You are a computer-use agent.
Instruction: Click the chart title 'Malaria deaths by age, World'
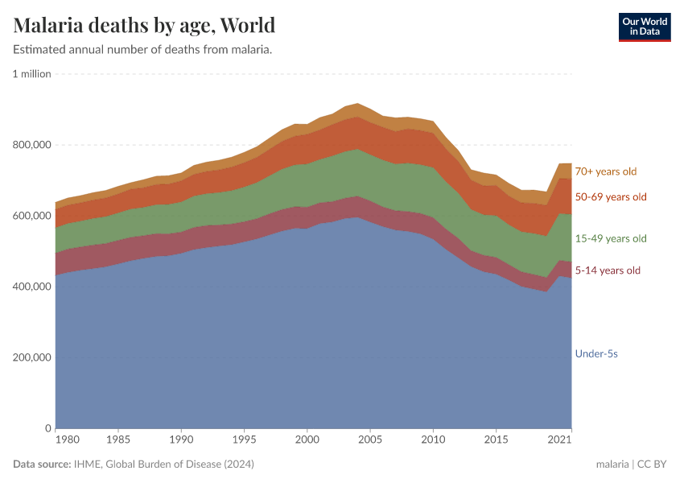[144, 25]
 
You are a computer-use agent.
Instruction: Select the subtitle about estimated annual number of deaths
[142, 50]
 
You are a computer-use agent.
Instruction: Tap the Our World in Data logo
[644, 27]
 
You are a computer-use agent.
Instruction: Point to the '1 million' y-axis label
[32, 74]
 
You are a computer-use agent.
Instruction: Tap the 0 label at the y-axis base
[47, 428]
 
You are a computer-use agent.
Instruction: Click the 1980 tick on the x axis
[68, 440]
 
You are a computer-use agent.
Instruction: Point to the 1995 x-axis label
[244, 440]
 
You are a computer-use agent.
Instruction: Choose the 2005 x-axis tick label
[369, 440]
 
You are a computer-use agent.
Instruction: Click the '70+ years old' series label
[605, 171]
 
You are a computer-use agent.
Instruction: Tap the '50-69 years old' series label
[610, 197]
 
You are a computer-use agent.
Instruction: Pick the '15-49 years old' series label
[610, 239]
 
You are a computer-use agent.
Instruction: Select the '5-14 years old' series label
[608, 270]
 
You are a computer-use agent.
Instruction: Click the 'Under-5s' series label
[595, 353]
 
